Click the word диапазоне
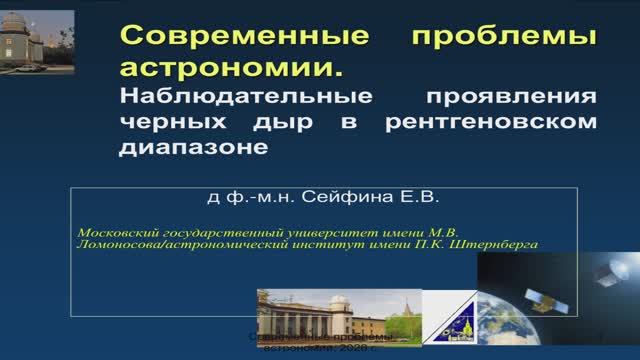(195, 147)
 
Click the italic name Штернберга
(495, 243)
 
